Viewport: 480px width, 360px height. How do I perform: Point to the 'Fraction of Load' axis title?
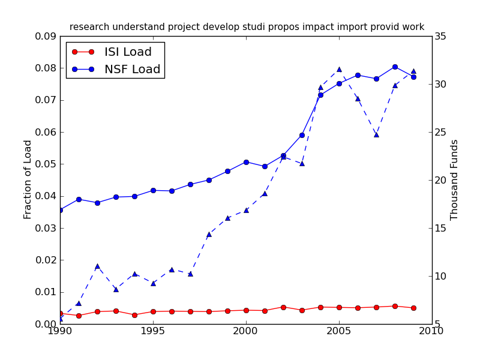point(28,179)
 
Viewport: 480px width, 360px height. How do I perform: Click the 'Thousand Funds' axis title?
point(454,179)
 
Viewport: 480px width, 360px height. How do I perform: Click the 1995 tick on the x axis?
point(153,331)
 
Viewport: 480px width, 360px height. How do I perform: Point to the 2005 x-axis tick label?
point(339,331)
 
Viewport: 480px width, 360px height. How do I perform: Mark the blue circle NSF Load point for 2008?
point(395,67)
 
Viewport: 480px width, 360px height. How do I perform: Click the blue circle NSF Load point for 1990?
point(60,210)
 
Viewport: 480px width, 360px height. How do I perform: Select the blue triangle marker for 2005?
point(339,69)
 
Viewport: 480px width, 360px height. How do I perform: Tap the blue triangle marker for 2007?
point(376,134)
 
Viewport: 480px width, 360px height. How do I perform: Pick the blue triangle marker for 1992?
point(97,266)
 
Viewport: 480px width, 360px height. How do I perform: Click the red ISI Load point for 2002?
point(283,307)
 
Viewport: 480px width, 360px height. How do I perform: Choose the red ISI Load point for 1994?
point(134,315)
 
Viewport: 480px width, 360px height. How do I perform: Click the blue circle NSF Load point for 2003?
point(302,135)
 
